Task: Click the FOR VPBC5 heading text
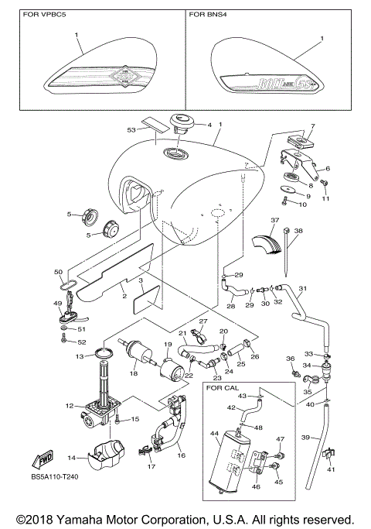(x=45, y=15)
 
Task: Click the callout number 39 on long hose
(x=305, y=438)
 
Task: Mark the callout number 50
(x=58, y=271)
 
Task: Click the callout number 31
(x=302, y=289)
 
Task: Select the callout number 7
(x=313, y=125)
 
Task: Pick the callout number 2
(x=123, y=295)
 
